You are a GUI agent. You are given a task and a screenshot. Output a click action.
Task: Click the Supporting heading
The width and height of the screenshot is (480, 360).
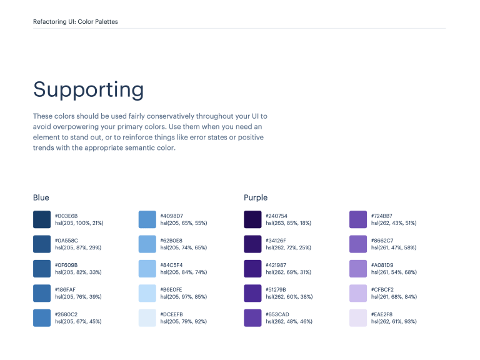click(x=88, y=90)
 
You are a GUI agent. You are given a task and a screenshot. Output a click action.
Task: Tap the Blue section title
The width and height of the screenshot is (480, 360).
click(x=41, y=197)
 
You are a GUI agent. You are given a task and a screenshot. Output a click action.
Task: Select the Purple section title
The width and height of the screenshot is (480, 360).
click(x=256, y=197)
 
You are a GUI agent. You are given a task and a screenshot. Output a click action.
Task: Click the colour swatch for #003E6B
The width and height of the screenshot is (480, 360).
click(x=42, y=219)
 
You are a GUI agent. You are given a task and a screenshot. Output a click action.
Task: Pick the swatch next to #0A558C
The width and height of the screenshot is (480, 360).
click(x=42, y=244)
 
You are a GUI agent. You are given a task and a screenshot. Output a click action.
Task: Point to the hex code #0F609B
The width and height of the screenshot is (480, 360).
click(x=66, y=265)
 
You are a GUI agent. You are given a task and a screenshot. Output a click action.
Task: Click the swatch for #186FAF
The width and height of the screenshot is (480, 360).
click(x=42, y=293)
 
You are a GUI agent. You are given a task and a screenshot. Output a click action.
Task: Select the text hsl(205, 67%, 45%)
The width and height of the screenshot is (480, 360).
click(x=78, y=321)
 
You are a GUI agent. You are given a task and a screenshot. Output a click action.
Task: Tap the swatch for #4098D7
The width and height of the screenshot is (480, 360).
click(x=147, y=219)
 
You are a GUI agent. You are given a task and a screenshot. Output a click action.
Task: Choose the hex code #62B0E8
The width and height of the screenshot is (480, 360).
click(x=172, y=241)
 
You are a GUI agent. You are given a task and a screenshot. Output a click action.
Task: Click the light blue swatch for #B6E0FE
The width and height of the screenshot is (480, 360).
click(x=147, y=293)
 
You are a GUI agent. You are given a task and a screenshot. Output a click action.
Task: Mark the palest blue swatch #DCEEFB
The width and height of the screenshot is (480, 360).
click(x=147, y=317)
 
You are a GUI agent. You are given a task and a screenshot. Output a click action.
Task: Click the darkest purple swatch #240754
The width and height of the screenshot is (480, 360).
click(x=252, y=219)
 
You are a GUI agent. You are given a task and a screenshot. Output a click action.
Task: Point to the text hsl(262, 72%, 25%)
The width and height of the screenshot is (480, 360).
click(x=289, y=247)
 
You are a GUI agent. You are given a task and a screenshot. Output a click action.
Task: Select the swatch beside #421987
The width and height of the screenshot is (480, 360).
click(x=252, y=269)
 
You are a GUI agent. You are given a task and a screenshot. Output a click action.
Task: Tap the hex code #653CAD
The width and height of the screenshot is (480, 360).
click(x=277, y=314)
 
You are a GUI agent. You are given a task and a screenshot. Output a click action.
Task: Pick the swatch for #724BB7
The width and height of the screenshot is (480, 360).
click(x=358, y=219)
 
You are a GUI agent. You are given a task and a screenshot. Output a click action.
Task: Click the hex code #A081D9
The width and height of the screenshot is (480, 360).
click(x=382, y=265)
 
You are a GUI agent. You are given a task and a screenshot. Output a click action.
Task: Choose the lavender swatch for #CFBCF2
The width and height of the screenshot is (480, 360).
click(x=358, y=293)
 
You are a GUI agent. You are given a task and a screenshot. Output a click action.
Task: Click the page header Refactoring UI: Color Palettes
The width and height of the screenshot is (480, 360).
click(x=76, y=22)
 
